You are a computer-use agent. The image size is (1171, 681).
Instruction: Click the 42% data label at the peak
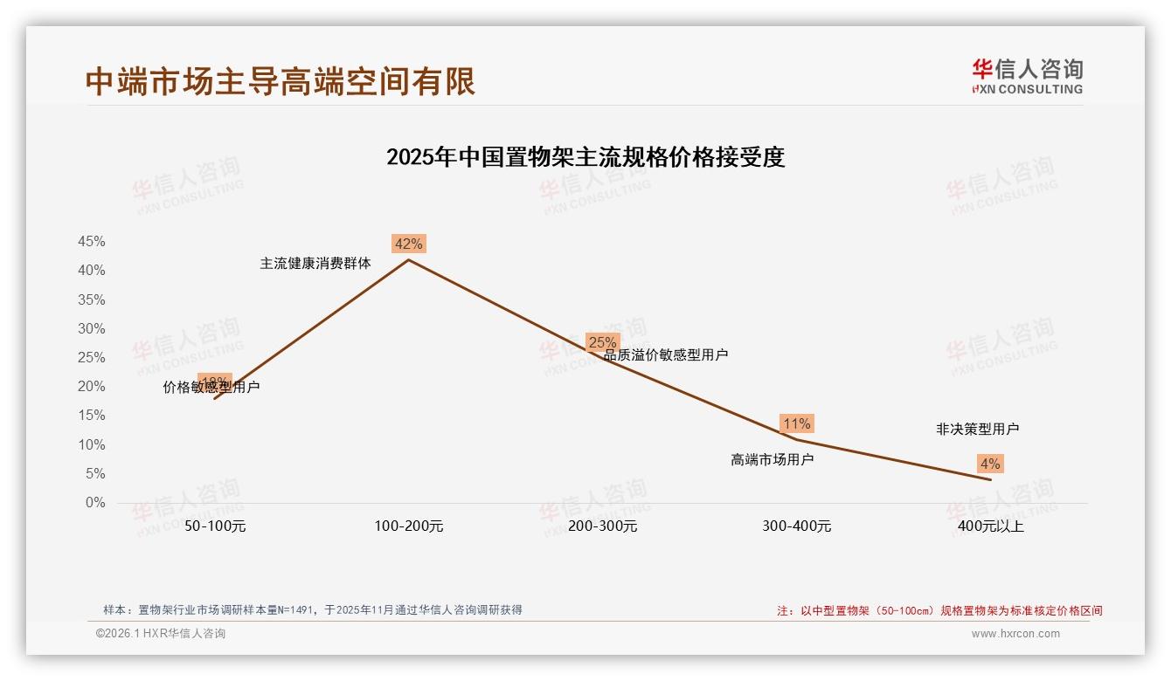tap(408, 244)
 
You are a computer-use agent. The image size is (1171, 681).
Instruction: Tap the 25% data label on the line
tap(602, 342)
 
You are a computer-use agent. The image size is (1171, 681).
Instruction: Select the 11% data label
tap(796, 423)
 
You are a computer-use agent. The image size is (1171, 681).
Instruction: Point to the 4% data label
tap(990, 464)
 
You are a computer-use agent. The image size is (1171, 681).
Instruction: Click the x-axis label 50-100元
tap(215, 526)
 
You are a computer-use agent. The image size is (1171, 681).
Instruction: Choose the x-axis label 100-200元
tap(409, 526)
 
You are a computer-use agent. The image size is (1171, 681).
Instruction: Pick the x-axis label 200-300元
tap(603, 526)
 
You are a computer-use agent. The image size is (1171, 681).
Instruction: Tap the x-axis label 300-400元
tap(797, 526)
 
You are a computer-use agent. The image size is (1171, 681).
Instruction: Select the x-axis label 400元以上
tap(991, 526)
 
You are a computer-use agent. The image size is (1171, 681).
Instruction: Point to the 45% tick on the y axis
tap(92, 241)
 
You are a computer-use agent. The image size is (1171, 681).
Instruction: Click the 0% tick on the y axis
tap(95, 503)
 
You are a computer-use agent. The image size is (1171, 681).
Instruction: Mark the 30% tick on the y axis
tap(92, 328)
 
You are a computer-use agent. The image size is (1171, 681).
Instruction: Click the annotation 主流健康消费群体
tap(315, 263)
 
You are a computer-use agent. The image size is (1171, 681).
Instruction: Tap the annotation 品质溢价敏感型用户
tap(666, 354)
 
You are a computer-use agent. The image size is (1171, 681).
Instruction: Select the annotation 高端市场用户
tap(773, 459)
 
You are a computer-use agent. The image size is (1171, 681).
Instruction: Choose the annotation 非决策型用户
tap(977, 429)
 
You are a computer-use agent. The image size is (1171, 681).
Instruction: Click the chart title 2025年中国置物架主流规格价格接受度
tap(585, 157)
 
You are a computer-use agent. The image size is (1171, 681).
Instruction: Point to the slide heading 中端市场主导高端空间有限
tap(281, 81)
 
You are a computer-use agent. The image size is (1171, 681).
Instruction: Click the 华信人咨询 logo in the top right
tap(1028, 76)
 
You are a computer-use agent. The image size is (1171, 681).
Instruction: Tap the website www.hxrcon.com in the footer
tap(1015, 634)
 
